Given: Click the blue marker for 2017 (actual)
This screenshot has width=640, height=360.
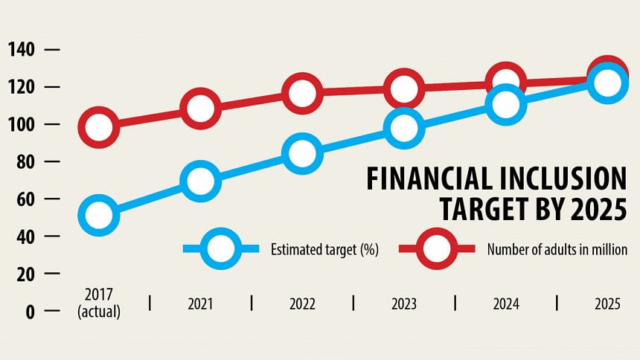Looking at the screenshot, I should pyautogui.click(x=100, y=215).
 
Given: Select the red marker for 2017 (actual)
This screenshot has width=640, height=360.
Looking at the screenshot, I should pyautogui.click(x=100, y=126).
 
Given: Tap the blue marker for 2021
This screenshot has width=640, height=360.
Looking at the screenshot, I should pyautogui.click(x=200, y=181).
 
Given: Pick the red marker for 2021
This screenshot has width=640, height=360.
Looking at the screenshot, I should pyautogui.click(x=200, y=108).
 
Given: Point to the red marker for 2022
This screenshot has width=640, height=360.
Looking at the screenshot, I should pyautogui.click(x=302, y=93).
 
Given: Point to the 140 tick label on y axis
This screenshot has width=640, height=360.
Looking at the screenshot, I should pyautogui.click(x=22, y=50).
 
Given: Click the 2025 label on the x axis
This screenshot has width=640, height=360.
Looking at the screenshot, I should pyautogui.click(x=607, y=304).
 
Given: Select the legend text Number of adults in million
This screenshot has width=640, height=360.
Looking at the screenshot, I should pyautogui.click(x=563, y=250).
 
